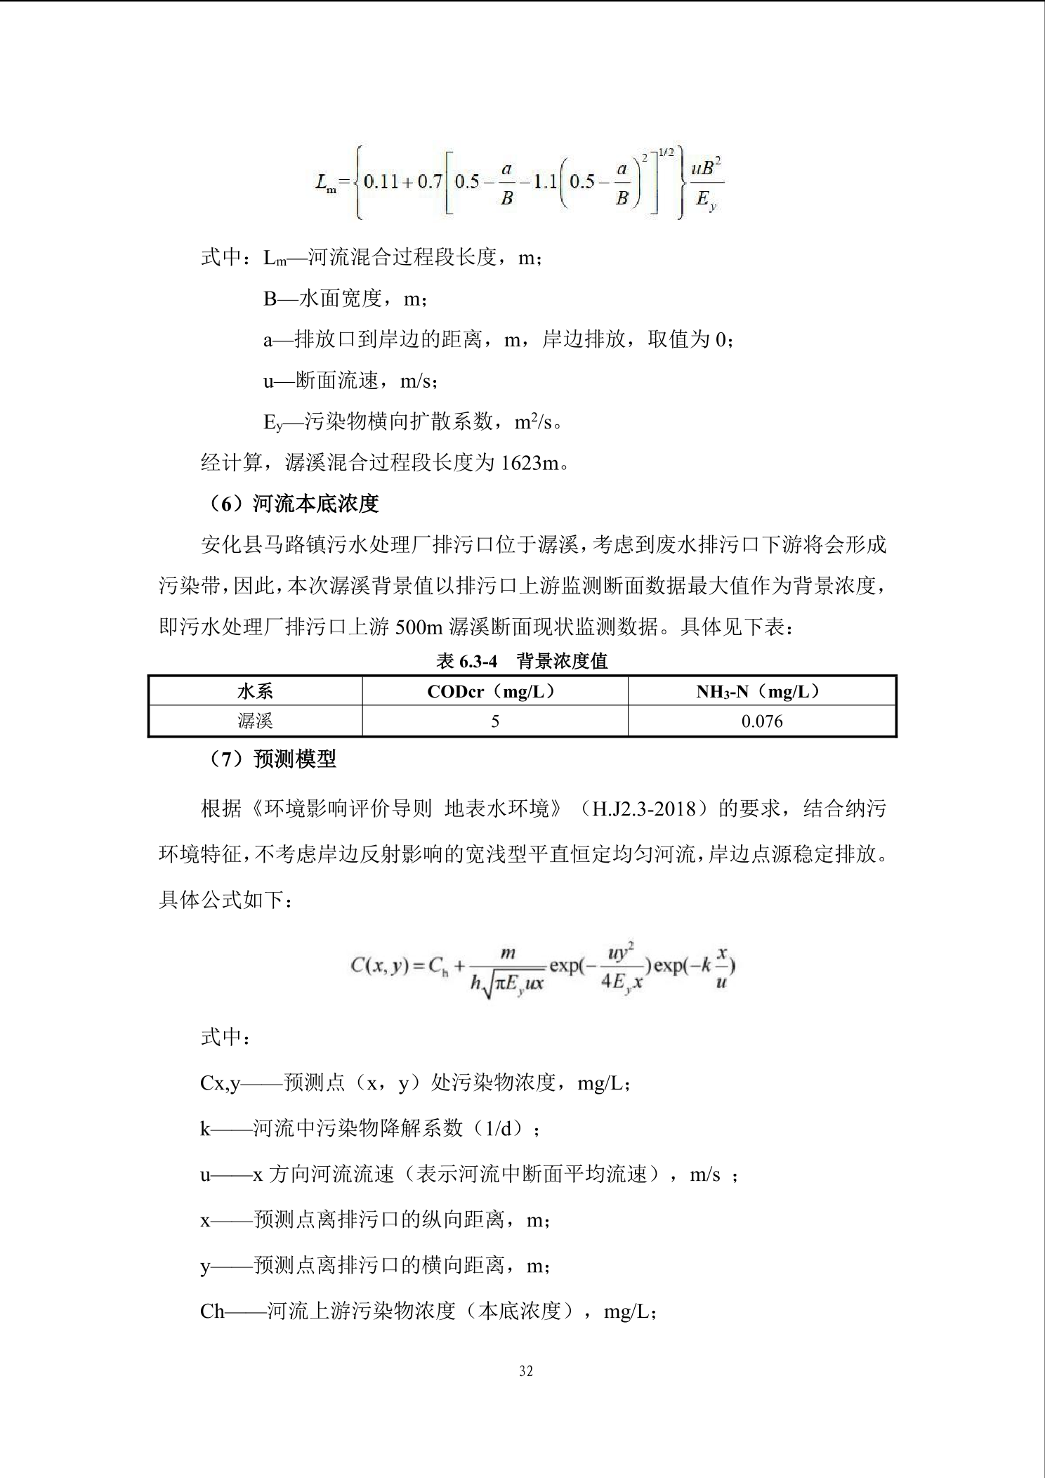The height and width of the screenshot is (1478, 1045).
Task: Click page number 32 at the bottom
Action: [x=526, y=1371]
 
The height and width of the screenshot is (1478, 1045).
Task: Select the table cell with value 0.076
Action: [x=761, y=721]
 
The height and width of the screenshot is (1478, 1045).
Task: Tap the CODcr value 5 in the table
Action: [x=494, y=721]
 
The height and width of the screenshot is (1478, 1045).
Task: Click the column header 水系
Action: [x=255, y=691]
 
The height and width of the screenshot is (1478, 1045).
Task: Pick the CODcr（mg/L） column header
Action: [x=494, y=691]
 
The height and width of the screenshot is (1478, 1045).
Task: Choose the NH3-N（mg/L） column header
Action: [x=761, y=691]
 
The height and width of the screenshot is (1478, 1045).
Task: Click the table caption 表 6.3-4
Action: [x=467, y=660]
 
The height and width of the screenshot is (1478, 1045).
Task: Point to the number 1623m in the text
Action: [x=530, y=463]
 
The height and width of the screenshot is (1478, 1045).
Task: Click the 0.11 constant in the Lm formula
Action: [x=381, y=181]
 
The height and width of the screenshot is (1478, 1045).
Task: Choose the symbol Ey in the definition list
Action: [x=272, y=422]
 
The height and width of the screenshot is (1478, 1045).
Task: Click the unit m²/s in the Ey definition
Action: [x=533, y=421]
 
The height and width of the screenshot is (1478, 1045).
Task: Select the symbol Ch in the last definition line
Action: [x=212, y=1311]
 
